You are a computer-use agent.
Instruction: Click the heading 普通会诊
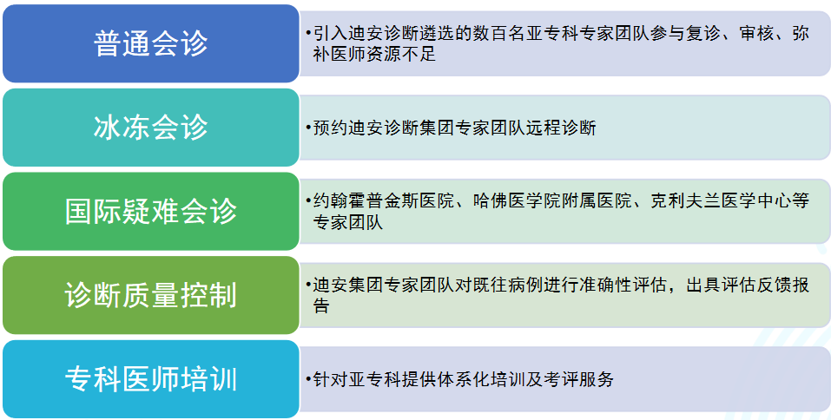(x=150, y=43)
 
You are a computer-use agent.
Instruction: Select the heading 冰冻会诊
(x=150, y=127)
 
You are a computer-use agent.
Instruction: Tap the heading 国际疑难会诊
(x=150, y=212)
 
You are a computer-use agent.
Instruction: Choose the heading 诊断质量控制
(x=150, y=295)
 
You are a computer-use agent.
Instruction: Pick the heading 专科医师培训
(x=150, y=379)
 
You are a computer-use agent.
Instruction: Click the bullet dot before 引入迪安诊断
(x=308, y=34)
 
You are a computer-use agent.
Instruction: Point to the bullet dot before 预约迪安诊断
(x=308, y=128)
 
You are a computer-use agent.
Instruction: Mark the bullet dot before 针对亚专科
(x=308, y=380)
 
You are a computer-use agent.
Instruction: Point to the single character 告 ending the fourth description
(x=321, y=306)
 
